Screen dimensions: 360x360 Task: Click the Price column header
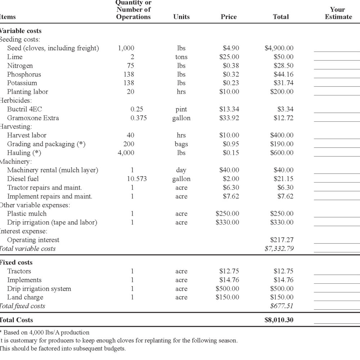pyautogui.click(x=229, y=17)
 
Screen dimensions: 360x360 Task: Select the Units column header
pyautogui.click(x=181, y=17)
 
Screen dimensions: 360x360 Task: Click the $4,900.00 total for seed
pyautogui.click(x=279, y=48)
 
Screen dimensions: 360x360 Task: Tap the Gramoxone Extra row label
pyautogui.click(x=33, y=118)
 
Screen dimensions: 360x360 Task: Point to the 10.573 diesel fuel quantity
pyautogui.click(x=137, y=179)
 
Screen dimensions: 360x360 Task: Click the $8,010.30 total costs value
pyautogui.click(x=279, y=320)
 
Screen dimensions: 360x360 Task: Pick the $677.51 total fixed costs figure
pyautogui.click(x=282, y=306)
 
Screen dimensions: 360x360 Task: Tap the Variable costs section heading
pyautogui.click(x=21, y=31)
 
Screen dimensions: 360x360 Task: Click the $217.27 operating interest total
pyautogui.click(x=282, y=240)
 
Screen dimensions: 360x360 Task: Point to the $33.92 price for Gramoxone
pyautogui.click(x=229, y=118)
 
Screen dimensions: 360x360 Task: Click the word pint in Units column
pyautogui.click(x=181, y=109)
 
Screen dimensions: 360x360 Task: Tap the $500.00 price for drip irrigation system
pyautogui.click(x=227, y=289)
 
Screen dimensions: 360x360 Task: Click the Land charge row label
pyautogui.click(x=25, y=297)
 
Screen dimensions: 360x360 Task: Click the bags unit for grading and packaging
pyautogui.click(x=181, y=144)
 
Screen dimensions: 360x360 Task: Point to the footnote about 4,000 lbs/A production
pyautogui.click(x=45, y=332)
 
